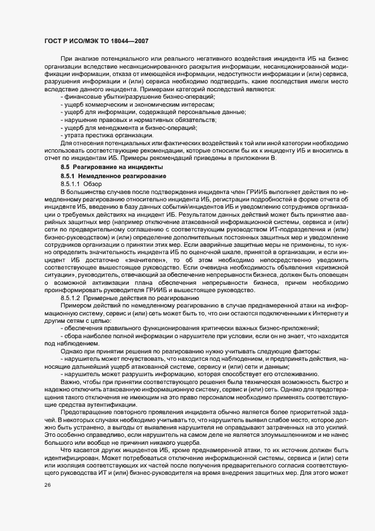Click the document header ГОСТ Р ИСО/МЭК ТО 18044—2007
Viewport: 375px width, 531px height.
coord(96,41)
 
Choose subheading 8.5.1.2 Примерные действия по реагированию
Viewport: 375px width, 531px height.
coord(129,297)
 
